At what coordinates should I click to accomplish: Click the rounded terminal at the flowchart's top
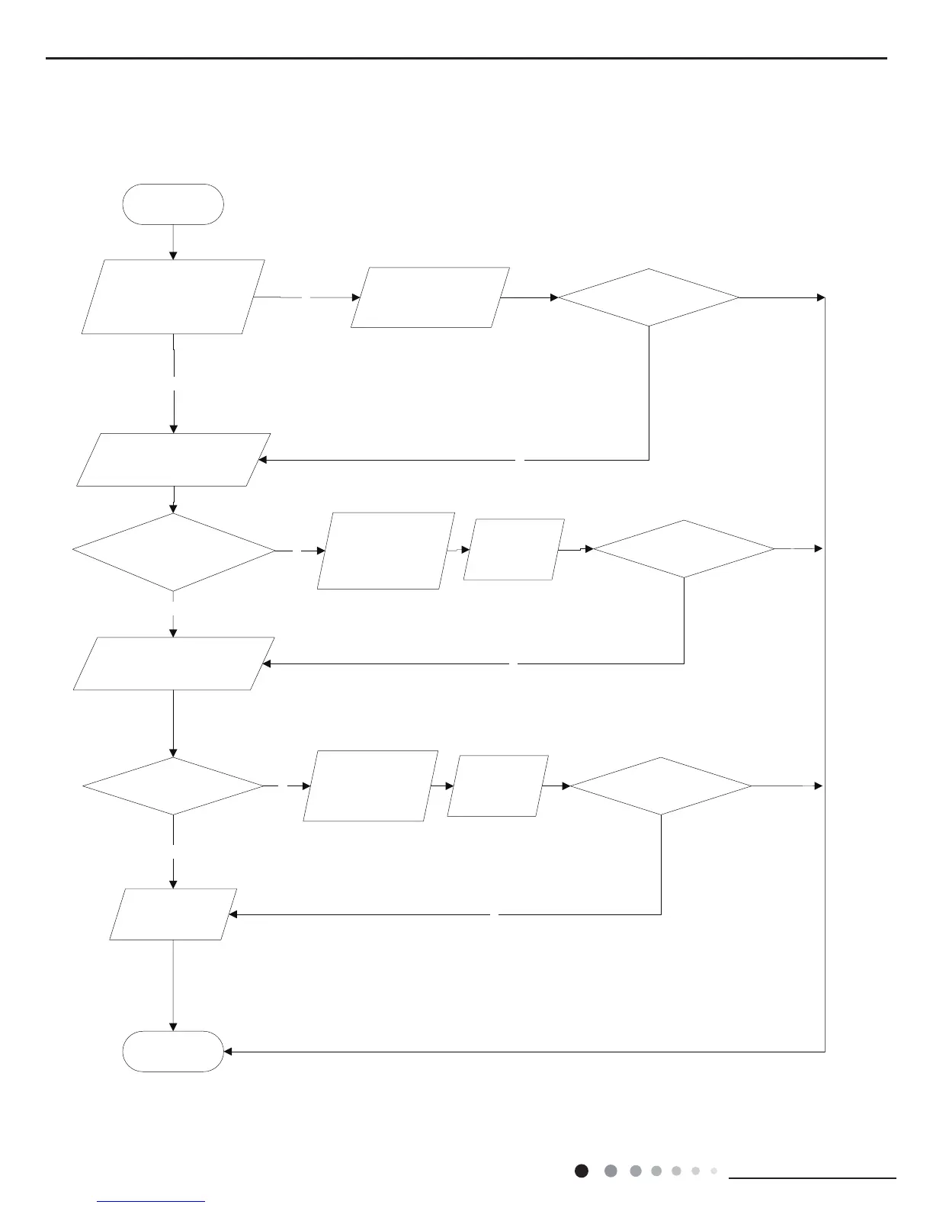(173, 204)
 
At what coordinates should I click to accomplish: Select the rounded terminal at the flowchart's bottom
(173, 1052)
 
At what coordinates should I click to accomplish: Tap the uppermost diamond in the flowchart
(649, 297)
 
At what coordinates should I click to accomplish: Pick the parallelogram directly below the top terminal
(173, 297)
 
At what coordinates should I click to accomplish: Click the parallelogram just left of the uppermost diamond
(430, 297)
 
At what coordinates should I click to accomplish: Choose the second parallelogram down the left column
(173, 460)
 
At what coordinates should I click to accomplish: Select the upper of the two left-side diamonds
(173, 551)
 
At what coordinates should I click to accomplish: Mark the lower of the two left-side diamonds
(173, 786)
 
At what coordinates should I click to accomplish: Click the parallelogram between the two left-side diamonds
(173, 663)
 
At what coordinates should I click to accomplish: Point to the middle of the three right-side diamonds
(684, 549)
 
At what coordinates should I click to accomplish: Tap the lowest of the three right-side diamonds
(661, 786)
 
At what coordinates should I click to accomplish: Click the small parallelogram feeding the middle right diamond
(514, 549)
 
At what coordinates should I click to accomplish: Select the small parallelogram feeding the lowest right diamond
(498, 786)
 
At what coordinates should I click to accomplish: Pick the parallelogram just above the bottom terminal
(173, 914)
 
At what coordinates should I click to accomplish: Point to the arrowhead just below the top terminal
(173, 255)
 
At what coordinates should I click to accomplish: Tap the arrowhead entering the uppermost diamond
(554, 297)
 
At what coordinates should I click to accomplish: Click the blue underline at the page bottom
(152, 1201)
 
